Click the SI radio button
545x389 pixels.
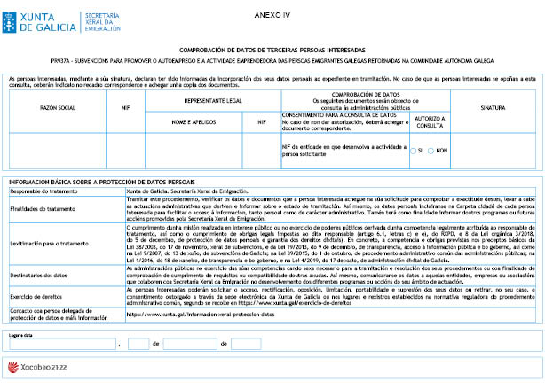point(413,151)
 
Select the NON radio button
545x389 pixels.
point(431,151)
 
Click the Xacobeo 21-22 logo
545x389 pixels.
point(40,365)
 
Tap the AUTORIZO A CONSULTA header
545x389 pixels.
point(430,121)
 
